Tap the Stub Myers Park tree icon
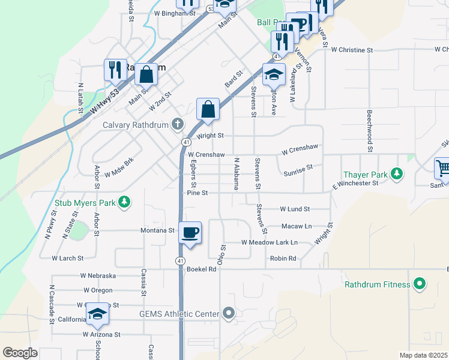(124, 202)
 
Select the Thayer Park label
(364, 175)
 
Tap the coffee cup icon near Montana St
(190, 233)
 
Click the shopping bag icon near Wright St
(208, 110)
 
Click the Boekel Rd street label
(201, 269)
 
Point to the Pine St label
(197, 193)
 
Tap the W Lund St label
(295, 209)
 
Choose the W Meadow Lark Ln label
(270, 242)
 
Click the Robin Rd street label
(283, 259)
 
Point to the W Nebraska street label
(98, 275)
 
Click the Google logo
(20, 353)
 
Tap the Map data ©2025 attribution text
(423, 355)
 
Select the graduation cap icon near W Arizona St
(97, 314)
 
